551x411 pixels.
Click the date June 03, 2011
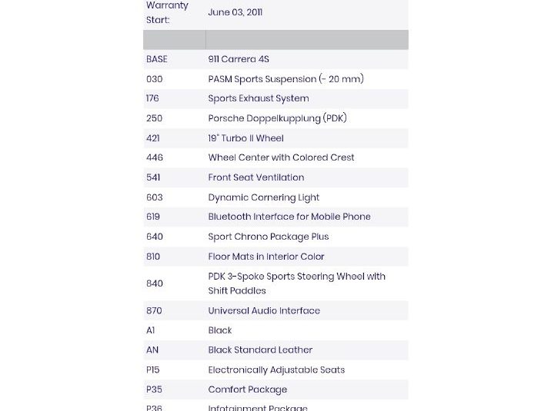point(235,12)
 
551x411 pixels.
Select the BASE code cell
point(156,59)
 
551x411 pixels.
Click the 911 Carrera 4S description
point(239,59)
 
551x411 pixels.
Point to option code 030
point(154,79)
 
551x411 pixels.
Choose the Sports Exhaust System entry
point(259,98)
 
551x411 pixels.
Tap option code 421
point(153,138)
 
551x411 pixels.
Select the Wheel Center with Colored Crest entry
point(281,157)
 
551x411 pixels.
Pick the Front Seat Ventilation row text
point(256,177)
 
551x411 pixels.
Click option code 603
point(154,197)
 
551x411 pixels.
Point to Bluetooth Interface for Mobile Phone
point(289,217)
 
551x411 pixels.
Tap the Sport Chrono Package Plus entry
point(269,237)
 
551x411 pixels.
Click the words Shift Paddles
point(237,291)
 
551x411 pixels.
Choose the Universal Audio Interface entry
point(264,310)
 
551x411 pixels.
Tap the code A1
point(151,330)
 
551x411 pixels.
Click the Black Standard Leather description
point(260,350)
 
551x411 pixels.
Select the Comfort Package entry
point(248,389)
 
